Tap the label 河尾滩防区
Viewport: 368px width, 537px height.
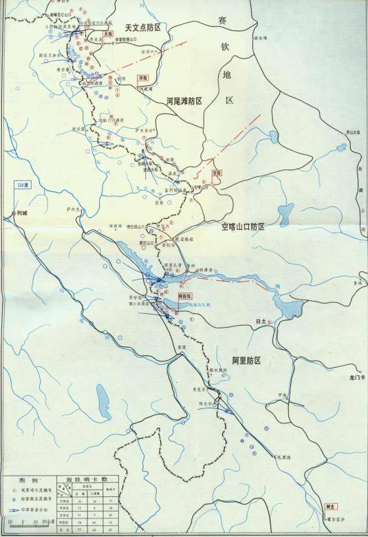[x=184, y=101]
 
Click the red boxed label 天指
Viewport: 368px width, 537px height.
[x=107, y=33]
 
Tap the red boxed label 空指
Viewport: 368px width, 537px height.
[x=217, y=173]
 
